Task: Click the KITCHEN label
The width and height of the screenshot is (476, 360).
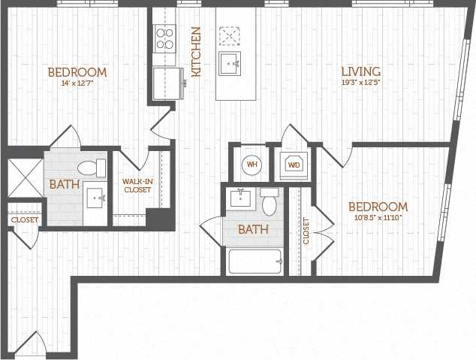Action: [x=196, y=52]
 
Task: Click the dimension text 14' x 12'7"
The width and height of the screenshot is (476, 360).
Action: [x=77, y=84]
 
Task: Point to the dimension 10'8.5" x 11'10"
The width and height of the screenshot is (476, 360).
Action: [x=377, y=218]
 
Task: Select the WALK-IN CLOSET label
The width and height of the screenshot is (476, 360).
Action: [x=137, y=186]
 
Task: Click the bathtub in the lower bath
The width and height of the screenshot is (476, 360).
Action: [x=255, y=262]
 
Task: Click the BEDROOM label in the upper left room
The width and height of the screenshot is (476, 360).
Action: [x=77, y=73]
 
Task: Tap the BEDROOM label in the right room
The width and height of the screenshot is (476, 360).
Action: [x=378, y=207]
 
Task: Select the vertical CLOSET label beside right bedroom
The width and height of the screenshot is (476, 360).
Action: [x=306, y=231]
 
